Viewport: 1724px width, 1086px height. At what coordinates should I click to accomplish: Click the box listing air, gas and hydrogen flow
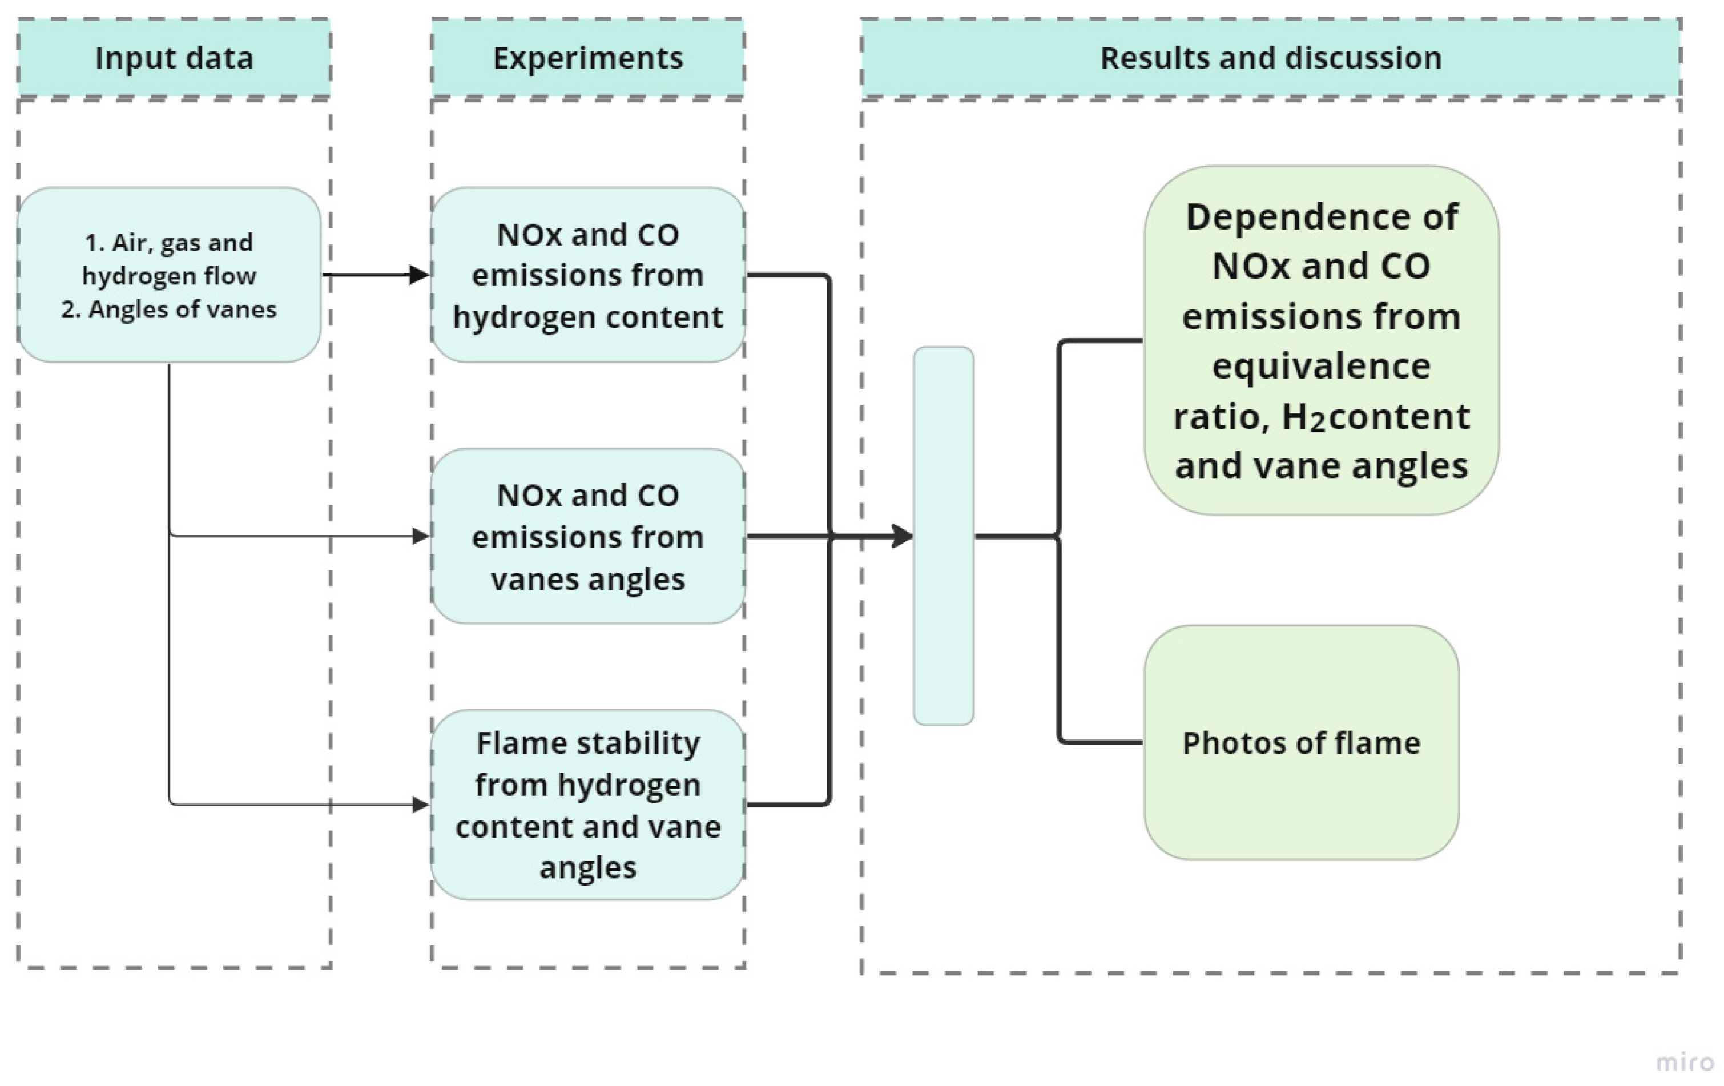coord(169,275)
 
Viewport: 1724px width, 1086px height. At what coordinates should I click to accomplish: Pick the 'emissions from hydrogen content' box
coord(588,275)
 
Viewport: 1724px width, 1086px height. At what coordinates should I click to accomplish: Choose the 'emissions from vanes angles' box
coord(588,536)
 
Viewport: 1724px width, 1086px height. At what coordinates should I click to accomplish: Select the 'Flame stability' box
coord(588,804)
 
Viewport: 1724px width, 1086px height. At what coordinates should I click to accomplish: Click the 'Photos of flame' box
coord(1301,742)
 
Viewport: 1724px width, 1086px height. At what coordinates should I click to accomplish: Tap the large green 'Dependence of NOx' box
coord(1321,341)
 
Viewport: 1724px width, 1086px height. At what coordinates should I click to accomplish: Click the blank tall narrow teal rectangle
coord(943,536)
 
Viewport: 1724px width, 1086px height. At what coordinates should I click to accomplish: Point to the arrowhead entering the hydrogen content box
coord(420,275)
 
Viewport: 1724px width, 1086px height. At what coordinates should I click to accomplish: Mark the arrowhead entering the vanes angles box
coord(421,536)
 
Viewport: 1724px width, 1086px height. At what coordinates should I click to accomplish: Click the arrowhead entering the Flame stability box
coord(421,805)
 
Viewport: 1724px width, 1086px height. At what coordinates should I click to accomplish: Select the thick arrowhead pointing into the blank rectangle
coord(902,536)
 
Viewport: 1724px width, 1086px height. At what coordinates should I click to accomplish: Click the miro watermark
coord(1685,1061)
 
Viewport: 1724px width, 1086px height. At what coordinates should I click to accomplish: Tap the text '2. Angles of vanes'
coord(169,309)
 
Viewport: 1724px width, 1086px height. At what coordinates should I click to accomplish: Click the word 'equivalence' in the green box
coord(1321,367)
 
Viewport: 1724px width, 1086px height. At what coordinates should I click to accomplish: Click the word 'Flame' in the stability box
coord(512,743)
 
